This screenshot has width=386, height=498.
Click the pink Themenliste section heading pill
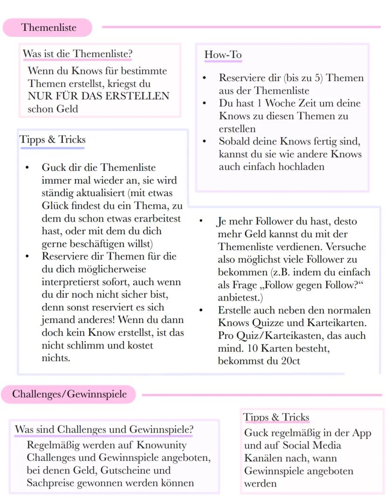point(48,27)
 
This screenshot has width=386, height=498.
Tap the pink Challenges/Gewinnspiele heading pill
point(69,394)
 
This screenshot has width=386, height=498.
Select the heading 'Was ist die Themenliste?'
point(77,54)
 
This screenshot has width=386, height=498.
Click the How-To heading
point(223,55)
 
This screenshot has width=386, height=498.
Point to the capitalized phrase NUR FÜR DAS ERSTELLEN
point(98,96)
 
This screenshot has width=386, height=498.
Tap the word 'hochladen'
point(301,167)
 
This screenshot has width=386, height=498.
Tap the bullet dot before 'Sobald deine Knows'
point(204,141)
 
